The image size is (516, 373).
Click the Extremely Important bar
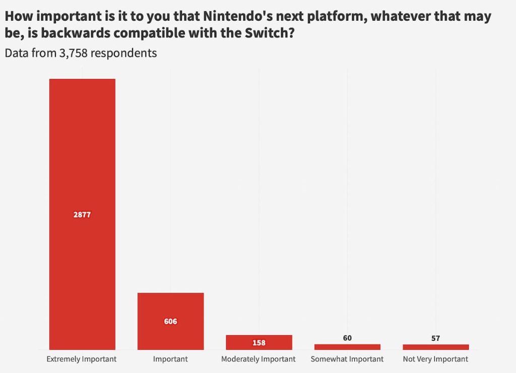coord(82,151)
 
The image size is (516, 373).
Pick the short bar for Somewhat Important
coord(347,347)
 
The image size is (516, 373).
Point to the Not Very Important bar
coord(435,347)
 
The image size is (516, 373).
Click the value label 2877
coord(82,215)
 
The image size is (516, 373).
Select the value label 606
coord(170,321)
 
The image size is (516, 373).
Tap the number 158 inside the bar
coord(259,343)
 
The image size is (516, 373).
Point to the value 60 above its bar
coord(347,338)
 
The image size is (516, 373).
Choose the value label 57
coord(435,338)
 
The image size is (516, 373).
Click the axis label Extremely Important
coord(82,359)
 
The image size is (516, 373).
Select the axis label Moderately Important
coord(259,359)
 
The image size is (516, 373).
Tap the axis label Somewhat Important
coord(347,359)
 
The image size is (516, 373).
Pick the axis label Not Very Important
coord(435,359)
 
